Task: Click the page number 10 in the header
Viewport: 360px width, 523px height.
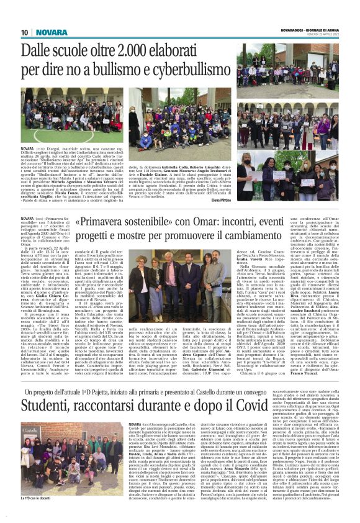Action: [x=25, y=32]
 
